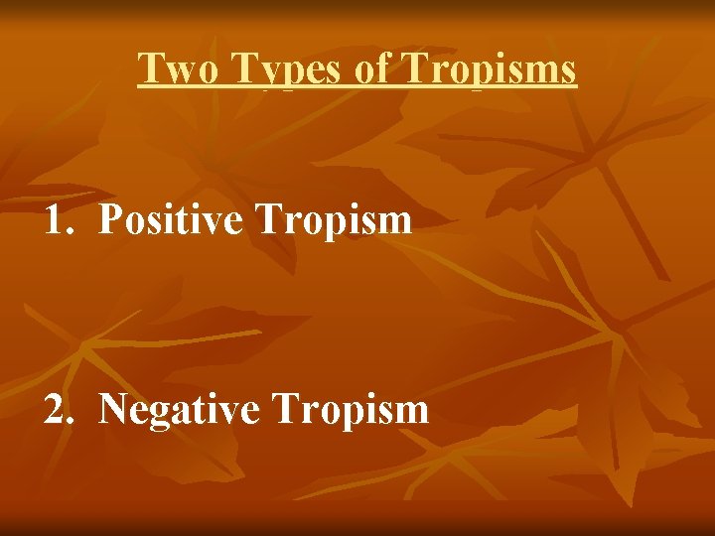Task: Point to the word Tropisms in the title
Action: [489, 69]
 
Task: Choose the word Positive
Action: [171, 219]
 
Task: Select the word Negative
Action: [179, 408]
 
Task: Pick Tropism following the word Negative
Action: [349, 409]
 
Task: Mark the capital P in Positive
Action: [110, 219]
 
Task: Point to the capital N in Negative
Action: [113, 408]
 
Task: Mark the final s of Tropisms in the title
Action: [568, 71]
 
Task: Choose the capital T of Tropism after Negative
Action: [283, 408]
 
